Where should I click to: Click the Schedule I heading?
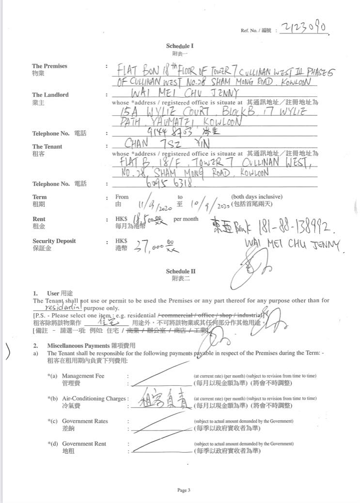180,46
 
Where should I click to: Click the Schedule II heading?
180,272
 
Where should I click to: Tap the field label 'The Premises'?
49,66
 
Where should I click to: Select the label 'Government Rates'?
85,421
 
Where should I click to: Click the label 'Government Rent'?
84,443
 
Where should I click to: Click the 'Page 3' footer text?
183,490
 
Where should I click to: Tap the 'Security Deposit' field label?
54,241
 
